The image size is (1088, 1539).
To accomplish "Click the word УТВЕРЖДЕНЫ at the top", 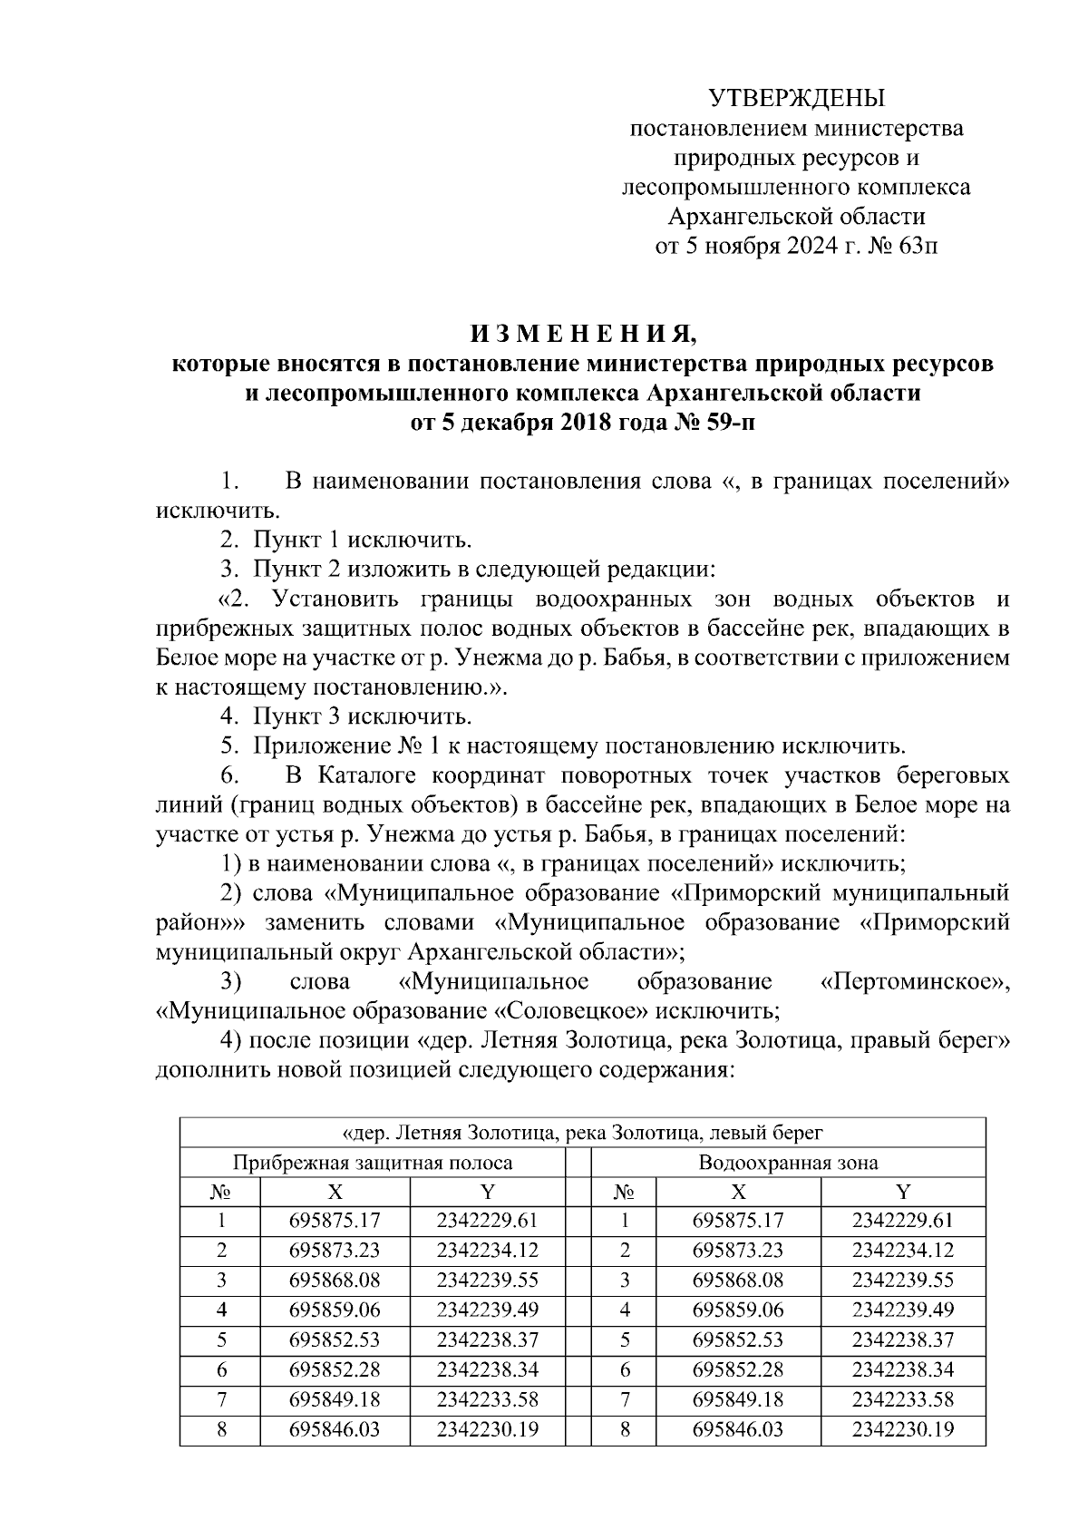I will pos(796,98).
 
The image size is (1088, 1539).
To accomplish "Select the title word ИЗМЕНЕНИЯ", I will pos(582,335).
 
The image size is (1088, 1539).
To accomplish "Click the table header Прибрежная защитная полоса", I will pos(373,1163).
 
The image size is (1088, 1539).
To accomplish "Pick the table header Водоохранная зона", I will pos(788,1163).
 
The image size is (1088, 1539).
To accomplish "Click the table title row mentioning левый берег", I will pos(582,1133).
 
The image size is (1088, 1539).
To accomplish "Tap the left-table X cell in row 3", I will pos(335,1280).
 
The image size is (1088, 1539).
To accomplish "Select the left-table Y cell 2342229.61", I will pos(487,1221).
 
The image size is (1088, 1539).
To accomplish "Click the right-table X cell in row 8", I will pos(738,1430).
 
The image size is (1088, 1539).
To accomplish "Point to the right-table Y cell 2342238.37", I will pos(902,1339).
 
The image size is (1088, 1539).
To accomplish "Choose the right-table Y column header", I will pos(902,1192).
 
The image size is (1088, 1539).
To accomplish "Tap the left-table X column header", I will pos(335,1192).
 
